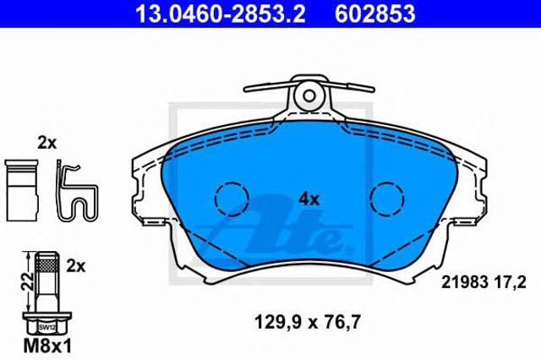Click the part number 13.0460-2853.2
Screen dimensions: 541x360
(220, 14)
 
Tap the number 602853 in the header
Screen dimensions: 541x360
(375, 14)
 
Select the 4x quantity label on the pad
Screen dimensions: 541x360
(309, 199)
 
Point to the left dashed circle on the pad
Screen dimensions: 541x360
(232, 199)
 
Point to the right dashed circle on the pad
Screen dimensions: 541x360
(387, 199)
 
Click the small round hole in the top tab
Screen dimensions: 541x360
(309, 95)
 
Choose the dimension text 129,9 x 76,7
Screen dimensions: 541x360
(308, 323)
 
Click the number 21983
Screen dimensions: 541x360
(465, 283)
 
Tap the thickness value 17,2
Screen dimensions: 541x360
(510, 283)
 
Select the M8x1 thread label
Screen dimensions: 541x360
(47, 346)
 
